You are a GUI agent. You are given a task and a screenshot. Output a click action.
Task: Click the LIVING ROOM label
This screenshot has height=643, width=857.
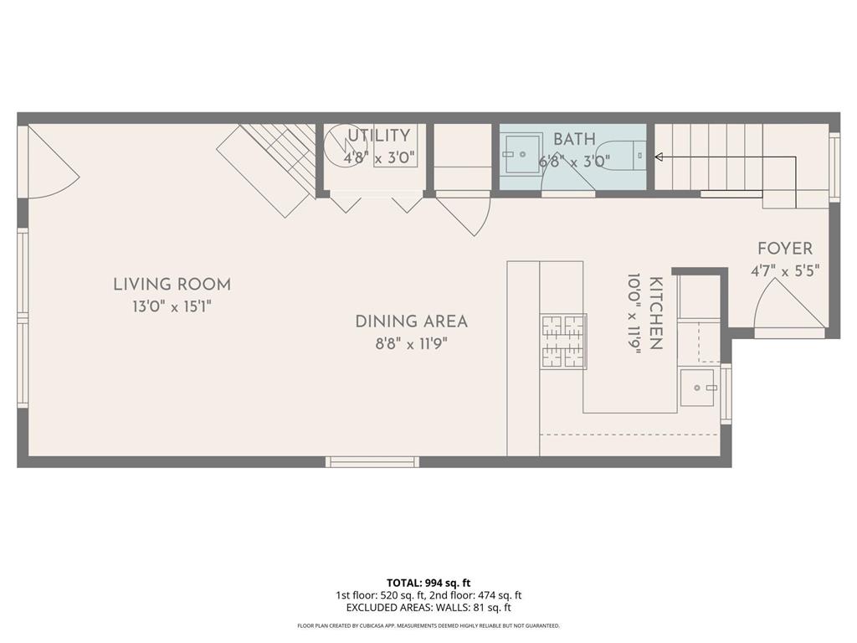[x=172, y=285]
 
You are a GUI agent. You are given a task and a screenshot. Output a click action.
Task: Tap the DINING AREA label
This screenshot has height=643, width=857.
[x=411, y=321]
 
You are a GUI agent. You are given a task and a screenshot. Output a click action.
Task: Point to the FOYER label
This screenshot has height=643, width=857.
[x=784, y=249]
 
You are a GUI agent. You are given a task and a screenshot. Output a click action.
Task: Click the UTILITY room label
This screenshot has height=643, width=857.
[x=379, y=136]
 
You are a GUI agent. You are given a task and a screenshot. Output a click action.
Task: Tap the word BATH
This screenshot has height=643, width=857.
[x=574, y=140]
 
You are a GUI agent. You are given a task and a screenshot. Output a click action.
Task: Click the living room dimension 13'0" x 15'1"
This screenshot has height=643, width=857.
[x=172, y=307]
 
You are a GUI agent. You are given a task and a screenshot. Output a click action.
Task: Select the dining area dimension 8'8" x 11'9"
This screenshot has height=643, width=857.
[x=411, y=343]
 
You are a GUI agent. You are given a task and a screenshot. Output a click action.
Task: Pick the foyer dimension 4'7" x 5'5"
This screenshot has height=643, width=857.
[x=784, y=270]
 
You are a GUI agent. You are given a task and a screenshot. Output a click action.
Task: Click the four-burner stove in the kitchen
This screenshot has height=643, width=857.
[x=563, y=341]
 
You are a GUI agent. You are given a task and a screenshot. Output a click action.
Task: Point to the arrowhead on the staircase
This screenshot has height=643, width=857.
[x=659, y=157]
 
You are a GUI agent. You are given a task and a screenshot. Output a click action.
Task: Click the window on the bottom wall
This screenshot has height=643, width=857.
[x=372, y=461]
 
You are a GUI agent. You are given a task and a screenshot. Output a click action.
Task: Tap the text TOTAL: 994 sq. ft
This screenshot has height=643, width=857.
[x=428, y=583]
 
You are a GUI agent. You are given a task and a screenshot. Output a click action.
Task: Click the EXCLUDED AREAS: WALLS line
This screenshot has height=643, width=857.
[x=428, y=608]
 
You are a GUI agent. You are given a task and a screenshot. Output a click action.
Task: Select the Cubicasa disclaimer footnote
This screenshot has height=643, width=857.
[x=428, y=625]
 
